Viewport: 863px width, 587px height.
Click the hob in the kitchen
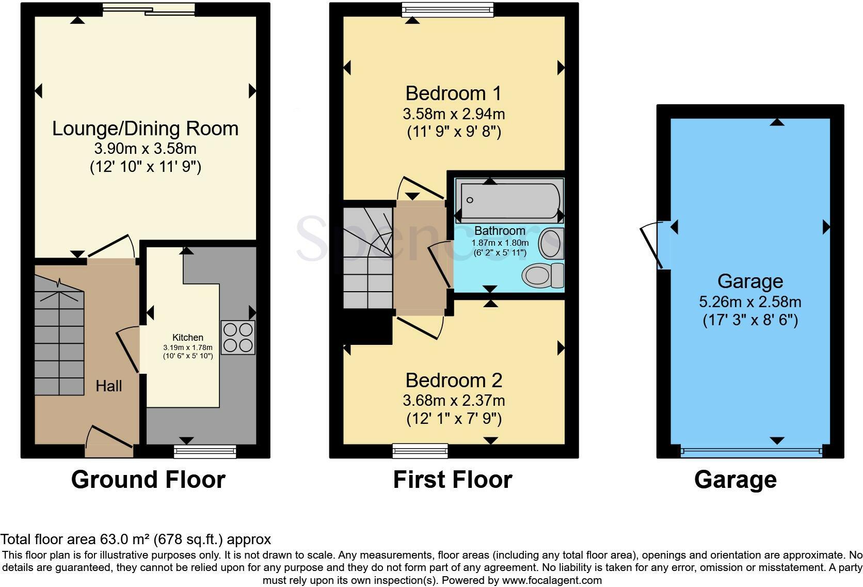(x=238, y=337)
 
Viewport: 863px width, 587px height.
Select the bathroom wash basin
(x=551, y=244)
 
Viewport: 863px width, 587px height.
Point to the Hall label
(x=109, y=386)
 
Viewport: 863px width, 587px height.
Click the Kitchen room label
(x=188, y=338)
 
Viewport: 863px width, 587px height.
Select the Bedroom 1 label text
(x=453, y=93)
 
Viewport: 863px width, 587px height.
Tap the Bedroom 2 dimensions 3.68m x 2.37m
(x=454, y=400)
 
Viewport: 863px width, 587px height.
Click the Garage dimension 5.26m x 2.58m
(x=750, y=302)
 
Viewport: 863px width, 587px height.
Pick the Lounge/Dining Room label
(x=145, y=128)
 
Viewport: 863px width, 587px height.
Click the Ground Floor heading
(x=148, y=480)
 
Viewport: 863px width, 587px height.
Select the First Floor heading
(x=452, y=480)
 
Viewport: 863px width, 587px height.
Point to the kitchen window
(x=205, y=452)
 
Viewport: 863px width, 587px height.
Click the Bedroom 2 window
(x=420, y=451)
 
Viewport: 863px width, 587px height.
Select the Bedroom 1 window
(x=448, y=9)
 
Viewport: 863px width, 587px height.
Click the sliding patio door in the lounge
(x=149, y=9)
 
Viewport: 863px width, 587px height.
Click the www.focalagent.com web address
(x=552, y=580)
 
